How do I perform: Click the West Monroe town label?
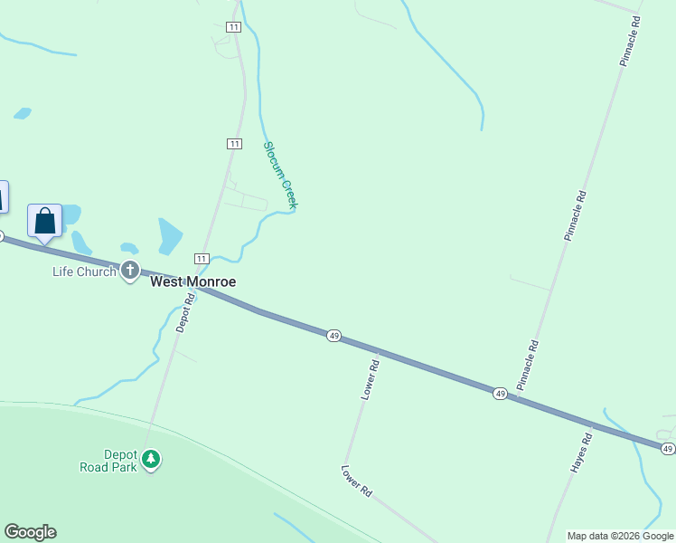coord(192,281)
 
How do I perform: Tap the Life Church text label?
coord(84,271)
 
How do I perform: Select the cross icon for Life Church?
coord(130,270)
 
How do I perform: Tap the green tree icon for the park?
coord(152,459)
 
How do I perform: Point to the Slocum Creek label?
coord(280,175)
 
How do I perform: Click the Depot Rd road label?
coord(186,312)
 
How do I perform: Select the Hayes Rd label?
coord(580,452)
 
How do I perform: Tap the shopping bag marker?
coord(44,221)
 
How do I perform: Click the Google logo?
coord(30,532)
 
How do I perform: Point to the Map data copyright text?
coord(620,536)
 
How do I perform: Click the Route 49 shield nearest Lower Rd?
coord(334,336)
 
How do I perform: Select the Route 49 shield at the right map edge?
coord(667,448)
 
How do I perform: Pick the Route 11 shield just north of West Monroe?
coord(202,259)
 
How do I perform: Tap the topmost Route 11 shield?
coord(234,28)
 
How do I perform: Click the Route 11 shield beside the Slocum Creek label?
coord(234,144)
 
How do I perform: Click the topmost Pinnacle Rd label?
coord(630,41)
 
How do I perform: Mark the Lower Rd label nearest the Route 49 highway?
coord(370,378)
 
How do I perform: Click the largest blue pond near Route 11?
coord(170,236)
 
